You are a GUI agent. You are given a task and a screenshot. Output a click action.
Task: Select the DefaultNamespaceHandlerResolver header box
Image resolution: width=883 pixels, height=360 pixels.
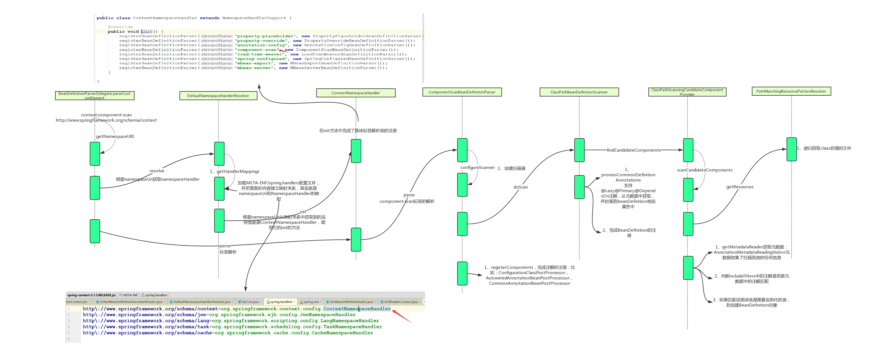click(218, 96)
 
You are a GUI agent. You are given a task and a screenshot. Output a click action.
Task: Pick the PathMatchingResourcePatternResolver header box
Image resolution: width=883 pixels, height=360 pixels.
click(791, 91)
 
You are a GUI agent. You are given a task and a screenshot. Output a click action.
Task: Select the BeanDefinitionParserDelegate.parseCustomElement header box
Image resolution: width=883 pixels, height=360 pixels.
click(95, 96)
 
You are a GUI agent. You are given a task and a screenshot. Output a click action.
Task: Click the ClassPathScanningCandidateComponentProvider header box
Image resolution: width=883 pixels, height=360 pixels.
click(687, 92)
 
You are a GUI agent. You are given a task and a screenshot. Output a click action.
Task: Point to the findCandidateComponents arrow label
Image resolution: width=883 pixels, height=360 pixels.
click(634, 150)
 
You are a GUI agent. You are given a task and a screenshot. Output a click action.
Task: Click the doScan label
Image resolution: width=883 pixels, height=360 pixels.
click(520, 187)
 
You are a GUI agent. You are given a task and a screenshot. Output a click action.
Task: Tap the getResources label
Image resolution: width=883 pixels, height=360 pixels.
click(740, 187)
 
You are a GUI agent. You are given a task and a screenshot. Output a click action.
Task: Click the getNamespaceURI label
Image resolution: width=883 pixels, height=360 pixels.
click(115, 137)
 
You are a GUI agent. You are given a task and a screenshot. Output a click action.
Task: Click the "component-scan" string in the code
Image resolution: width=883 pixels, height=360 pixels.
click(257, 50)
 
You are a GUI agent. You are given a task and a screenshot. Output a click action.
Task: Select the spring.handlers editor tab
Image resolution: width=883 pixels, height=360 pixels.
click(281, 302)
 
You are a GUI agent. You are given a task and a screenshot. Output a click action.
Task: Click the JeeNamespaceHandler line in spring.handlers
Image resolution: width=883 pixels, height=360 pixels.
click(219, 315)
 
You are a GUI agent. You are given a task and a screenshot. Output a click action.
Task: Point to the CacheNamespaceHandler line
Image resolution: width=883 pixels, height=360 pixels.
click(228, 333)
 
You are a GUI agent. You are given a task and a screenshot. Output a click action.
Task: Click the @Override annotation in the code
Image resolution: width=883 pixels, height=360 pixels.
click(120, 27)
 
